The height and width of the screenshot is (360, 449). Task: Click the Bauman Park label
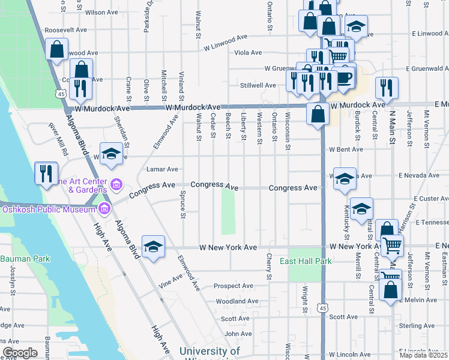[25, 259]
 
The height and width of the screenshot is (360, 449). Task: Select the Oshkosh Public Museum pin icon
[104, 209]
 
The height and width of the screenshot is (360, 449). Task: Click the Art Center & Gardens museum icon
[116, 182]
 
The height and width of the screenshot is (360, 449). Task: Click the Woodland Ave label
[237, 301]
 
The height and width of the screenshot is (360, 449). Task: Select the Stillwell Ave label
[256, 85]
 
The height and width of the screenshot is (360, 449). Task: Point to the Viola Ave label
[248, 52]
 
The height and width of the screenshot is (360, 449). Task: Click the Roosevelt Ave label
[66, 29]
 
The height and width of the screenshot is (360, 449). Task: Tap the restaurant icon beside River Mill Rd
[46, 173]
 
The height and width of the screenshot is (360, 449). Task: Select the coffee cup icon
[344, 78]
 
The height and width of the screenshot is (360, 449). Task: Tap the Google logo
[20, 352]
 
